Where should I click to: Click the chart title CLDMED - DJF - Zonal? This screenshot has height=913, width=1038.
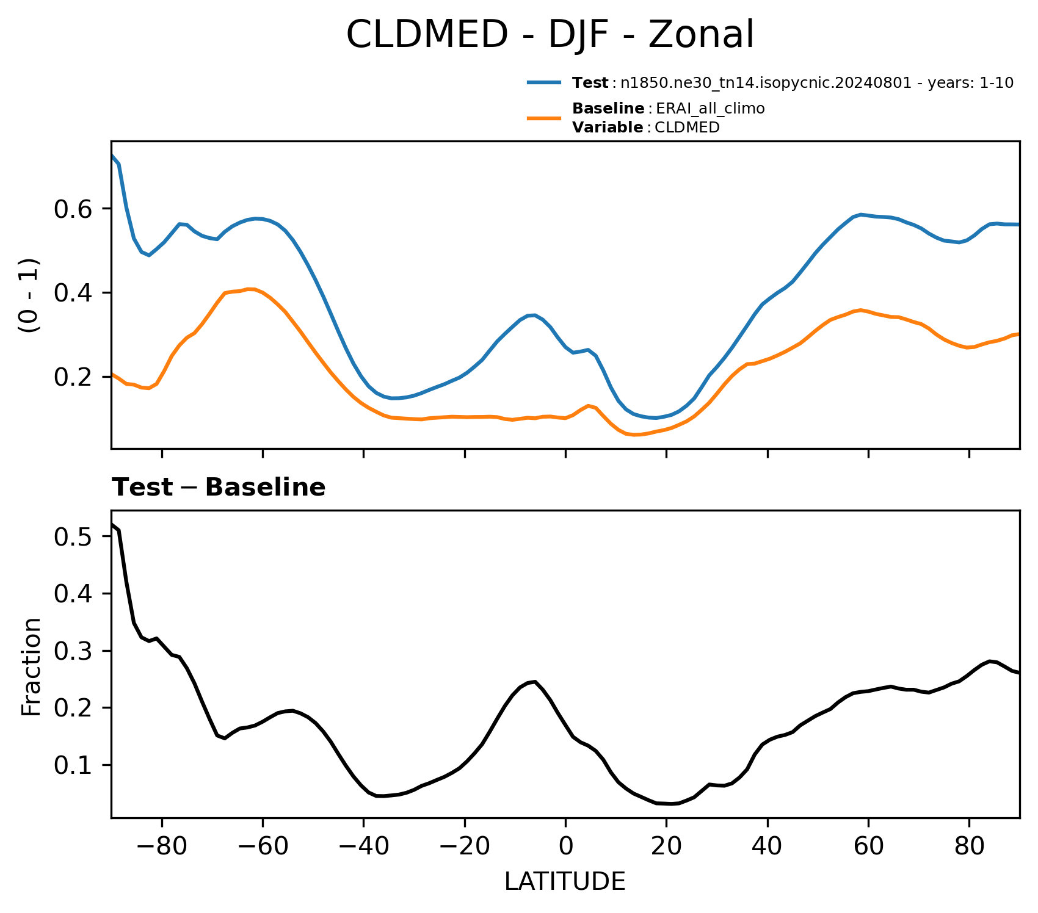point(550,35)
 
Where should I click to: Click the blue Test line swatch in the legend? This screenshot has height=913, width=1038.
point(544,83)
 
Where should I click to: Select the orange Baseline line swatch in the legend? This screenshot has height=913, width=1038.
point(544,118)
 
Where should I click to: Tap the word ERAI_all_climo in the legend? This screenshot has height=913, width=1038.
point(710,109)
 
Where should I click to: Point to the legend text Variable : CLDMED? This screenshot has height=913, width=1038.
point(646,128)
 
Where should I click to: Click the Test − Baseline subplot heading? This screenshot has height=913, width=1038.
point(219,488)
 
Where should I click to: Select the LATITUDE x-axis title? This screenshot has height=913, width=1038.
point(565,882)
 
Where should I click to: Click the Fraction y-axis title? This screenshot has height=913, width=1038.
point(31,666)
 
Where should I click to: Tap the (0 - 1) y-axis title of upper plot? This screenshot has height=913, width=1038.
point(29,296)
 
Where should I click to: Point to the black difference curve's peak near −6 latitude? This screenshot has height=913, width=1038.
point(535,681)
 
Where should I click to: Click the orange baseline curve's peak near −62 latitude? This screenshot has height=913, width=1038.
point(249,289)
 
